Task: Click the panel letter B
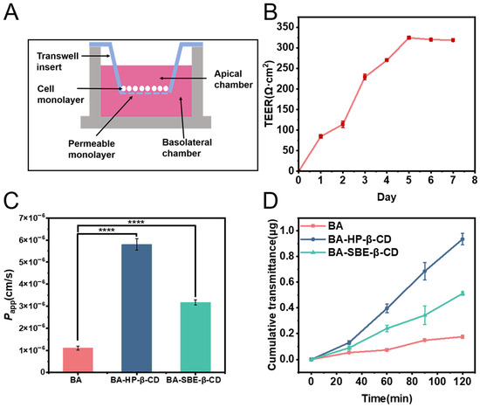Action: click(x=271, y=12)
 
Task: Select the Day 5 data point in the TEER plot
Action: click(x=408, y=38)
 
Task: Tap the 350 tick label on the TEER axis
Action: click(x=285, y=27)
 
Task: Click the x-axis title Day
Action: click(x=387, y=197)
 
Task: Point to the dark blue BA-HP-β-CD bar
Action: click(x=136, y=307)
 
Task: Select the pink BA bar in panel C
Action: click(x=78, y=360)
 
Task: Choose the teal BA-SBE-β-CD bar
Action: click(x=195, y=337)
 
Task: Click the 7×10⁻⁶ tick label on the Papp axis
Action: click(x=32, y=217)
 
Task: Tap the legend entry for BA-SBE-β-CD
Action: click(x=350, y=252)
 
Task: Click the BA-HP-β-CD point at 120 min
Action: click(x=463, y=239)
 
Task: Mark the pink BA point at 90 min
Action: click(x=425, y=340)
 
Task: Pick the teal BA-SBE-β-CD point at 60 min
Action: click(x=387, y=328)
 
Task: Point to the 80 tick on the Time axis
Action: click(x=412, y=382)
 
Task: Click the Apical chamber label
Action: click(x=233, y=79)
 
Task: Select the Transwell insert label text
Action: click(x=53, y=61)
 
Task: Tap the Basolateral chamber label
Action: click(x=187, y=148)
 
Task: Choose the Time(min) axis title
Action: click(x=387, y=398)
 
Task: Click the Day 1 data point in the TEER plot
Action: click(x=321, y=136)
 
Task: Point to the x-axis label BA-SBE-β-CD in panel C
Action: click(x=194, y=380)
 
